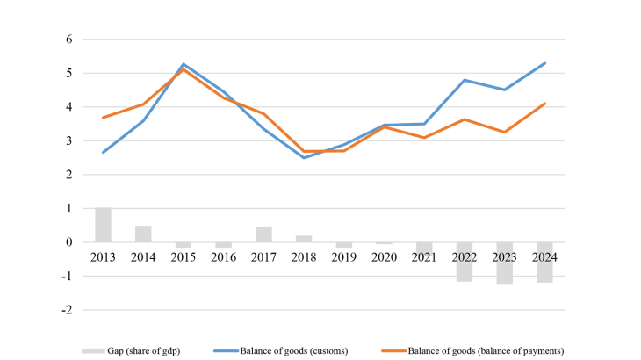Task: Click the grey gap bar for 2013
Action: (104, 225)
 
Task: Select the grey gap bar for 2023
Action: (505, 263)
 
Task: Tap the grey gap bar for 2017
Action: (263, 234)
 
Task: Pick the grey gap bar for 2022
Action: (465, 262)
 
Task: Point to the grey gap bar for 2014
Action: (143, 234)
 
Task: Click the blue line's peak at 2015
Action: (184, 64)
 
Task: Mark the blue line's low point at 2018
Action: (304, 157)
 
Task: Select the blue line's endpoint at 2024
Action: (545, 63)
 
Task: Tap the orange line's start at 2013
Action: (104, 118)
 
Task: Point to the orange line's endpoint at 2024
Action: (545, 104)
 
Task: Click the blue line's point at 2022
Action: (465, 80)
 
